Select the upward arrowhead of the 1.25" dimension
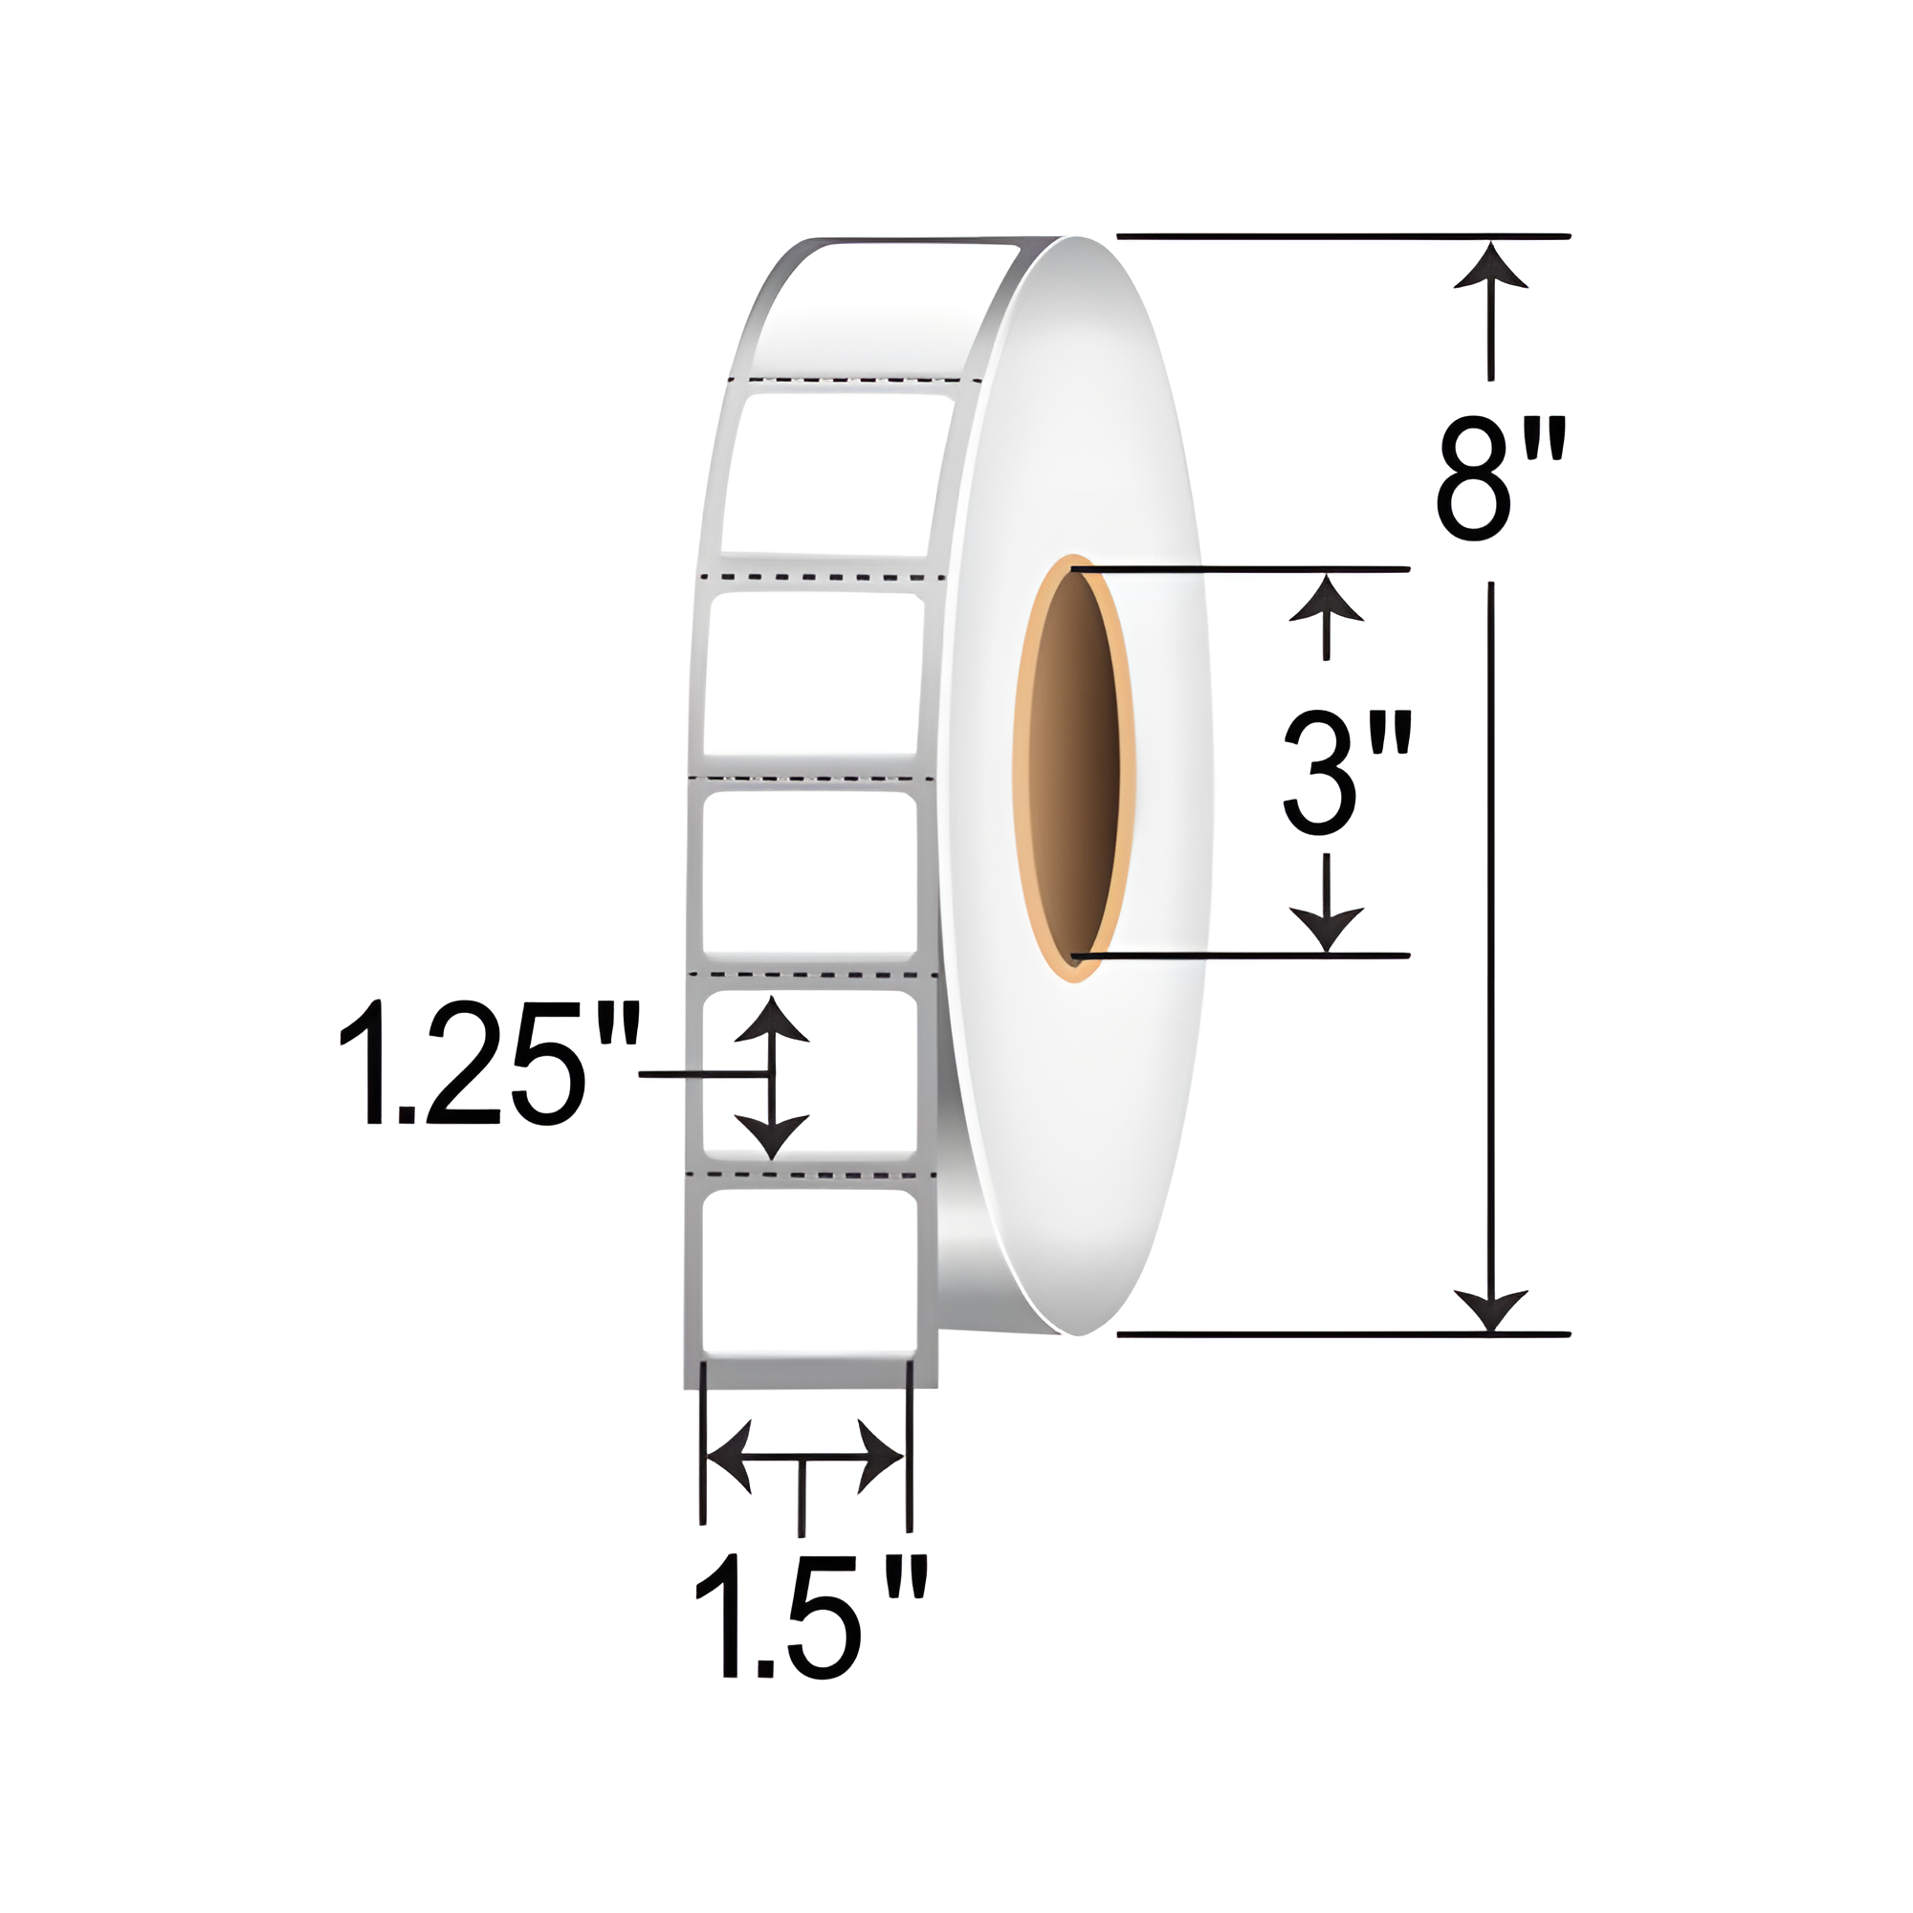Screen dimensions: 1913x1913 point(771,1020)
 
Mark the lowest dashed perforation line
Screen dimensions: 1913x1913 point(809,1175)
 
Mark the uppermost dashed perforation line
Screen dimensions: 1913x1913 point(853,379)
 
